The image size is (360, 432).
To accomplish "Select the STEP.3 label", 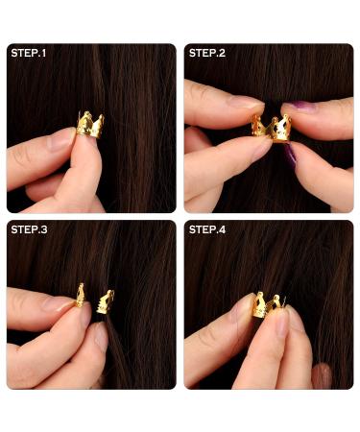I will [x=31, y=230].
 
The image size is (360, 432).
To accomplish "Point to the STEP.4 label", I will [x=208, y=230].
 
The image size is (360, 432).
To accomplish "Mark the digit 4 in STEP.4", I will [x=225, y=230].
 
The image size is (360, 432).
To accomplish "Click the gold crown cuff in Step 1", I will [x=90, y=126].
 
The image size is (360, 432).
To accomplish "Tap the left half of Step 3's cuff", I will [x=81, y=296].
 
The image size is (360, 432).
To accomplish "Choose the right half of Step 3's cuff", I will [x=105, y=300].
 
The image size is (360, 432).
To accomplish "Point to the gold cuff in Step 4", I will [x=268, y=305].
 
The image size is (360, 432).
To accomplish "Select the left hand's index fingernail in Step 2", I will [x=246, y=103].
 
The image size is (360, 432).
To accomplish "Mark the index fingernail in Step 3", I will [x=61, y=304].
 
